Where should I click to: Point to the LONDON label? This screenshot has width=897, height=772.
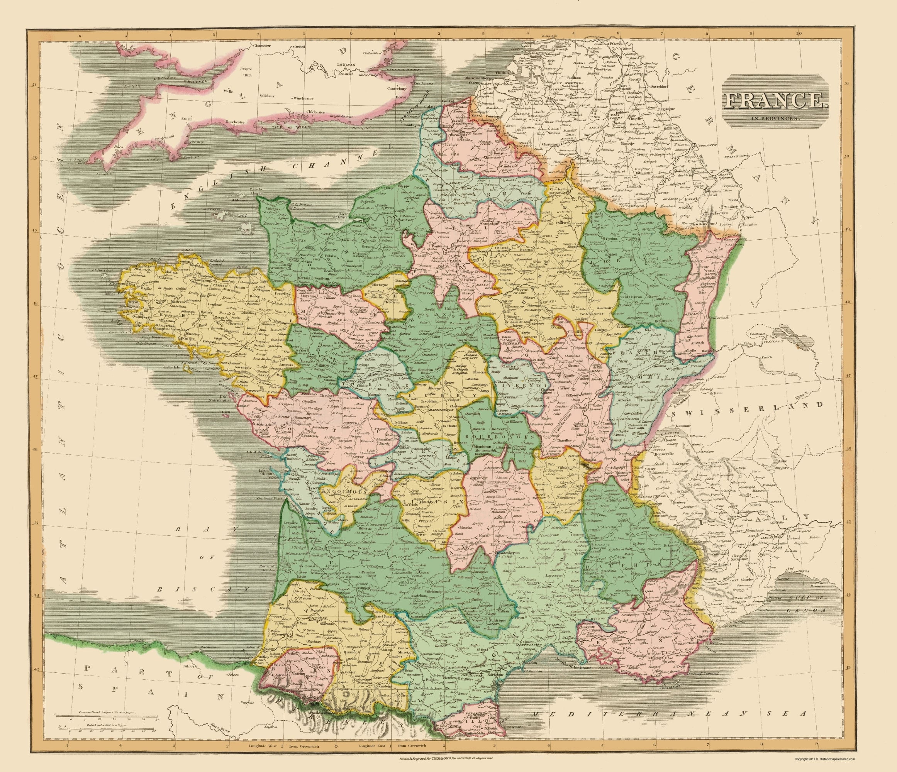tap(346, 64)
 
